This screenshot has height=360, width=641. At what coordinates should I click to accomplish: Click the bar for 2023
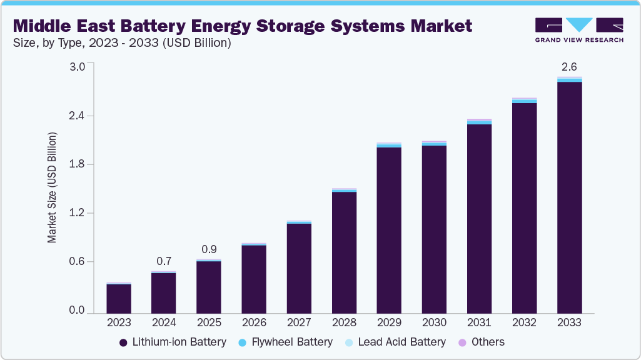click(x=119, y=298)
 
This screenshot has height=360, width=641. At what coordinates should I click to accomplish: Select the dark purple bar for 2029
click(x=389, y=229)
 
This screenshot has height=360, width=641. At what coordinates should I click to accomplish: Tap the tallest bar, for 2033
click(x=569, y=197)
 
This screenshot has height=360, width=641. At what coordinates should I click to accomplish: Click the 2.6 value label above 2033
click(x=569, y=66)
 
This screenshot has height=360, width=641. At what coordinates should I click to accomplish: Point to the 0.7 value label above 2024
click(x=164, y=261)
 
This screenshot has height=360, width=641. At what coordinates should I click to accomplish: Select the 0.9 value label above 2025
click(x=209, y=249)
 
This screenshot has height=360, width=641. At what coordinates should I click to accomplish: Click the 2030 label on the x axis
click(x=434, y=322)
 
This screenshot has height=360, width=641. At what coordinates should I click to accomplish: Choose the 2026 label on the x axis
click(x=254, y=322)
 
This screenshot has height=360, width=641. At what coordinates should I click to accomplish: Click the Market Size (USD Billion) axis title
click(x=53, y=187)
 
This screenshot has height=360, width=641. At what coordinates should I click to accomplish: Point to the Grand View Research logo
click(x=579, y=29)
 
